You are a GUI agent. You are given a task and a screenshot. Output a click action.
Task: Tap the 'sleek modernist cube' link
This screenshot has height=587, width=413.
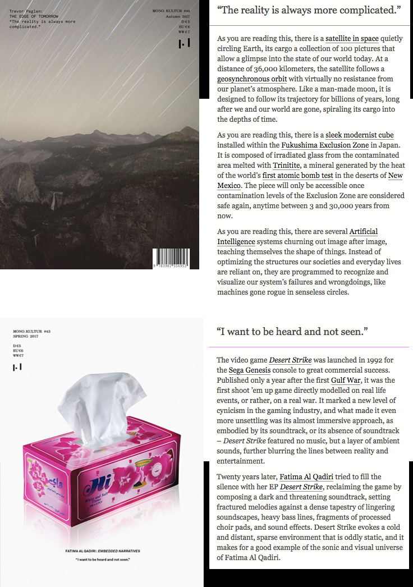360,135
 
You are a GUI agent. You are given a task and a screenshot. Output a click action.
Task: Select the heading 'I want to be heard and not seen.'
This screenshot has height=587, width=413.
292,332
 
